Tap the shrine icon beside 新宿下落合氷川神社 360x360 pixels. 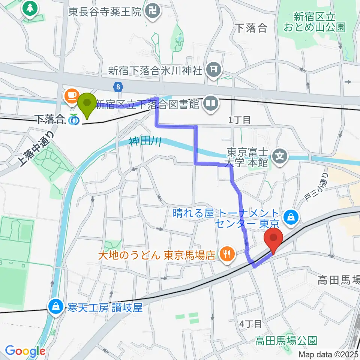click(213, 69)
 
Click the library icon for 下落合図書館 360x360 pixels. click(211, 103)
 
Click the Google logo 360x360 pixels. click(25, 351)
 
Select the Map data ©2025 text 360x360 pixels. click(328, 354)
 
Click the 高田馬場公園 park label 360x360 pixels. click(286, 340)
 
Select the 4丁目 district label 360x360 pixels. click(251, 323)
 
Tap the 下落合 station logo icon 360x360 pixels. click(73, 120)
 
